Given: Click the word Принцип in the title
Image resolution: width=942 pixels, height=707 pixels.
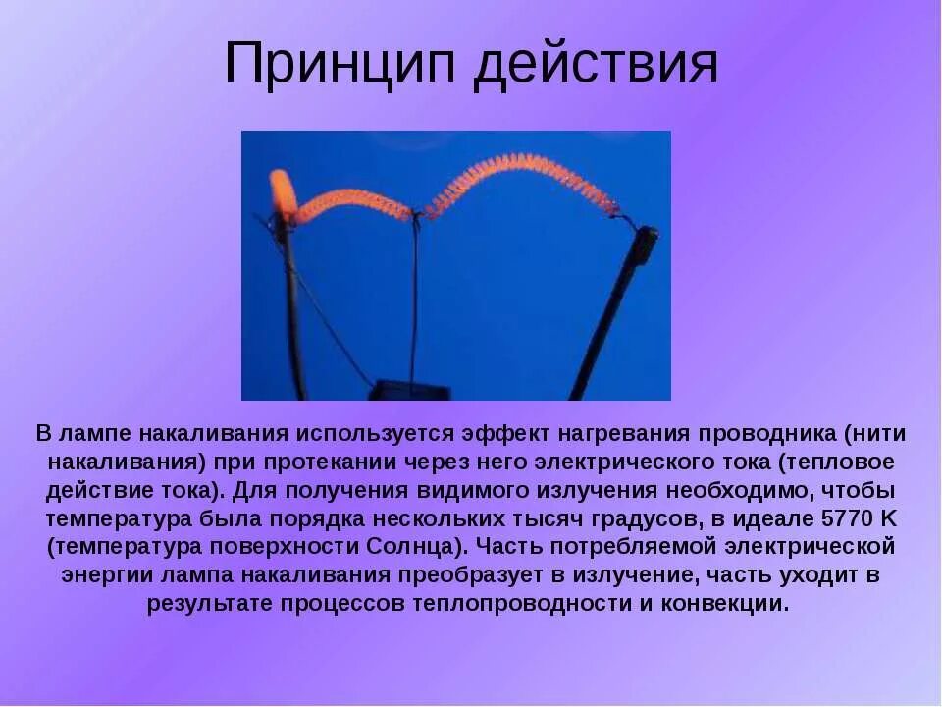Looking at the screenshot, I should coord(341,65).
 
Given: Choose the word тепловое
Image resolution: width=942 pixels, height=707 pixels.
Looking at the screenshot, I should coord(843,462).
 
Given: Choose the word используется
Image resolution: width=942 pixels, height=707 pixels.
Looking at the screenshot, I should coord(367,433).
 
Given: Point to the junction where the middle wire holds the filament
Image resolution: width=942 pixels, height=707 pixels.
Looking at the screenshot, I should coord(415,212).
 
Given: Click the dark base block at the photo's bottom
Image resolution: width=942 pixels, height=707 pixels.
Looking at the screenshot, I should coord(409,391).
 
